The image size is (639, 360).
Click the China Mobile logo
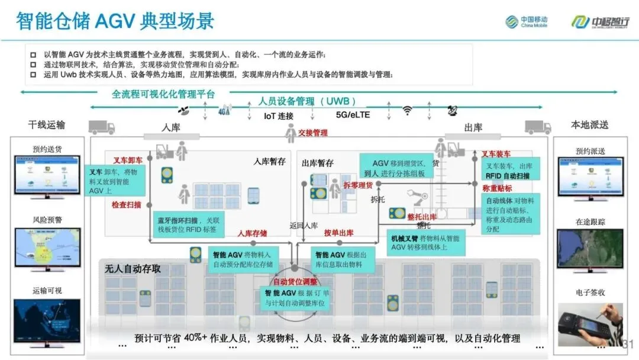pos(526,21)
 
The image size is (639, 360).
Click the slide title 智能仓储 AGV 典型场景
pos(115,22)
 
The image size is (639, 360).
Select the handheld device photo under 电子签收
pos(590,324)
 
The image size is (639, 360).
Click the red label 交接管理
pos(313,133)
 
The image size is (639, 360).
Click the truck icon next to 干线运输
pos(101,127)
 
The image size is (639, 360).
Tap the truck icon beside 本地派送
pos(538,127)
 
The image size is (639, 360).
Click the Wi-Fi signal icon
pos(407,111)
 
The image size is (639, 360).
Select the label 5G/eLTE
pos(353,115)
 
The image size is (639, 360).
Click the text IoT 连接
pos(279,115)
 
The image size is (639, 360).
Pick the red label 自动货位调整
pos(295,281)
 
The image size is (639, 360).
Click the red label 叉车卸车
pos(128,160)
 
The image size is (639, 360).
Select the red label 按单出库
pos(338,233)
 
